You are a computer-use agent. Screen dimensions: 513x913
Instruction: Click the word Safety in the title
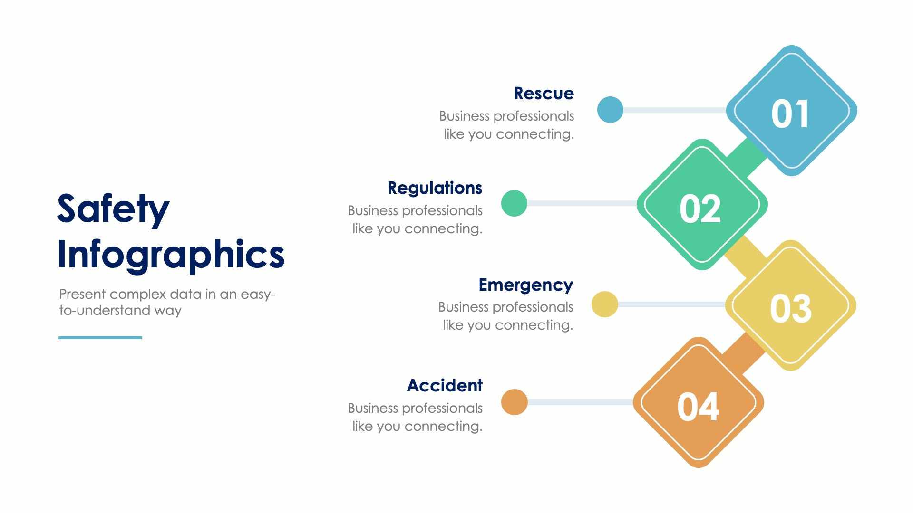pos(113,209)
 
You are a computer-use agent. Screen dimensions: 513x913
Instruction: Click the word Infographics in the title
pos(171,255)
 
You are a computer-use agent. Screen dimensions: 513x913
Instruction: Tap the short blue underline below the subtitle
pos(100,338)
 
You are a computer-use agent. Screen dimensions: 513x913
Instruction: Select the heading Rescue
pos(544,94)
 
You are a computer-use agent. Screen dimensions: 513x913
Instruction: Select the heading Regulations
pos(435,188)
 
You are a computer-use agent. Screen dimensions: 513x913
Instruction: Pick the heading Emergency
pos(525,285)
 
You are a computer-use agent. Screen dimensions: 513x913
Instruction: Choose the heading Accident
pos(445,385)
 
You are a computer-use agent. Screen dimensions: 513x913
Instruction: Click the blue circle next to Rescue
pos(610,110)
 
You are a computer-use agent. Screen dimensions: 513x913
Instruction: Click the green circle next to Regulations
pos(514,203)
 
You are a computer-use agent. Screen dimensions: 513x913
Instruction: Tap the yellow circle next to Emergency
pos(604,304)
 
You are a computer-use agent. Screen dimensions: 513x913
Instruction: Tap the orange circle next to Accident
pos(514,402)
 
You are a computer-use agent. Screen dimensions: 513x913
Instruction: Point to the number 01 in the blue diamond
pos(790,114)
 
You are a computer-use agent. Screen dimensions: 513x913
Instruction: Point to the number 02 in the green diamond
pos(700,209)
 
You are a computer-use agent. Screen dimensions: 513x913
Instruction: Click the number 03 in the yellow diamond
pos(790,309)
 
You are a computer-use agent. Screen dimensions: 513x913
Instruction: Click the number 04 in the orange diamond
pos(698,407)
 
